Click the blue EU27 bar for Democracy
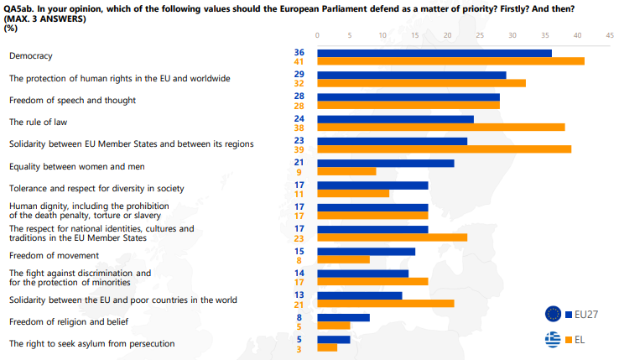point(434,53)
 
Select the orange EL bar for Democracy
point(450,61)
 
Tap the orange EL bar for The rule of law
point(440,128)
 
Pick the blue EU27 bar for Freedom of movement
point(366,251)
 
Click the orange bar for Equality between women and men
point(346,171)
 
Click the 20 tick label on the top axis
point(447,35)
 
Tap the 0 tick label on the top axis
point(317,35)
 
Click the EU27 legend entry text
point(587,314)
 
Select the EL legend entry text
point(580,340)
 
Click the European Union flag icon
point(554,314)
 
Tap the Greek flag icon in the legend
point(554,340)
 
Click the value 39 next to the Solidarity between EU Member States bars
point(299,149)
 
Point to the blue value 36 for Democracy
point(299,52)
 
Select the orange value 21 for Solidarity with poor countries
point(299,304)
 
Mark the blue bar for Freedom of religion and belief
point(343,317)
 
